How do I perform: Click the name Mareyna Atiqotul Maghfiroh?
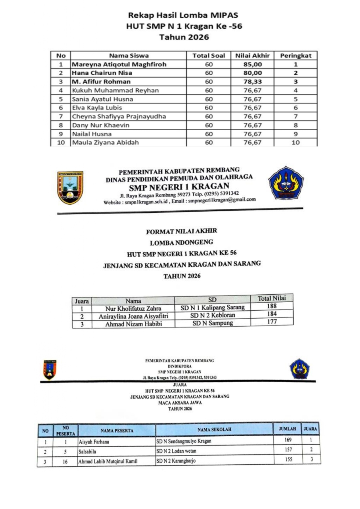(x=119, y=64)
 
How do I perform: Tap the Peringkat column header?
(x=295, y=56)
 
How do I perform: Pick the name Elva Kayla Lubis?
(x=97, y=108)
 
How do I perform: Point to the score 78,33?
(x=252, y=82)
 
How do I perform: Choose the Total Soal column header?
(x=208, y=56)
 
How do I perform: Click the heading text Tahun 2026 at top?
(x=184, y=38)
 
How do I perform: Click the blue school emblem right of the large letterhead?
(x=286, y=183)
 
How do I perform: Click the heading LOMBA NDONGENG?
(x=181, y=242)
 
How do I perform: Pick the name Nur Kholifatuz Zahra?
(x=133, y=308)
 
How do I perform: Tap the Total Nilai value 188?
(x=272, y=306)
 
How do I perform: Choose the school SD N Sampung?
(x=212, y=323)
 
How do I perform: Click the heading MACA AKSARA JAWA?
(x=180, y=403)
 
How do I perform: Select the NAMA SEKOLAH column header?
(x=214, y=429)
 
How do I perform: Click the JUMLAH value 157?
(x=287, y=450)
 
